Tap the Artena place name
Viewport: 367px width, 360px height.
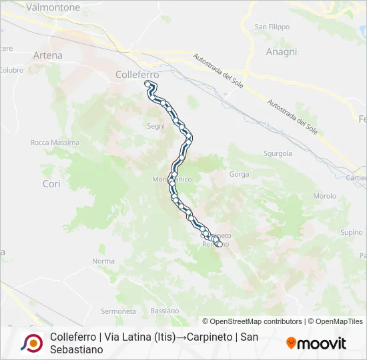coord(47,55)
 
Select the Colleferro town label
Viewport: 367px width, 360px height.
coord(137,75)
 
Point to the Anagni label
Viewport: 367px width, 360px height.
coord(280,51)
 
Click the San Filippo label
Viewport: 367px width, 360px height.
coord(272,27)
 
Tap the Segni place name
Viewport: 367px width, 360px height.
coord(155,125)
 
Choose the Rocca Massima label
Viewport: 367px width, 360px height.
coord(55,143)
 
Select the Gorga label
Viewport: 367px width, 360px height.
coord(239,175)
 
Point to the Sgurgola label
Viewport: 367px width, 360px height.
coord(278,153)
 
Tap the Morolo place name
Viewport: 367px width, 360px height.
coord(325,196)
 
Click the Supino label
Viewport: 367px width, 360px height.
coord(351,233)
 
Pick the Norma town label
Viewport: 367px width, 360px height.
coord(103,261)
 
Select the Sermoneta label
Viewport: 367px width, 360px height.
coord(118,311)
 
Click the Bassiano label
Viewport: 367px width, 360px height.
coord(165,311)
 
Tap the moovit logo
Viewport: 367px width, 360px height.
coord(316,343)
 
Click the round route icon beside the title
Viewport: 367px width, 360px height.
coord(31,343)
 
